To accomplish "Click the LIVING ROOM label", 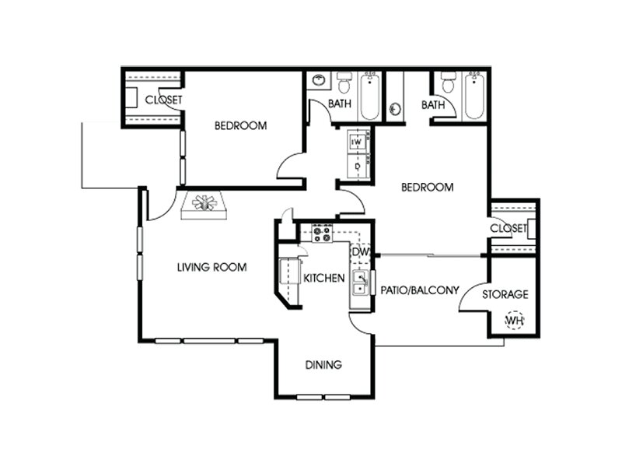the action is click(x=211, y=267).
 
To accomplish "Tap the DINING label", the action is click(x=323, y=364).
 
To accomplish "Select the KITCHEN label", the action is click(x=323, y=278).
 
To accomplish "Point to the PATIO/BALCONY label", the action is click(x=420, y=290).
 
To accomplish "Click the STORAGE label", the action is click(x=505, y=294).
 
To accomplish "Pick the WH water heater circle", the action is click(x=514, y=320).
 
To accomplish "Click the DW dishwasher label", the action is click(x=361, y=252).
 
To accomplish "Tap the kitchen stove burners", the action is click(x=322, y=233).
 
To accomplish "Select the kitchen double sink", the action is click(x=360, y=283).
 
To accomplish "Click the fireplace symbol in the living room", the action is click(x=204, y=205).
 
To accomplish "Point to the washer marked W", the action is click(x=357, y=142).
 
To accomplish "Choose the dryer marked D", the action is click(x=358, y=166).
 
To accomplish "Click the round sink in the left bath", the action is click(x=319, y=80).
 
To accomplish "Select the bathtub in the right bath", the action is click(x=474, y=96).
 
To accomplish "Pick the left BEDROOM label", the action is click(x=240, y=126).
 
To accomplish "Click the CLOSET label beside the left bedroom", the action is click(x=163, y=100).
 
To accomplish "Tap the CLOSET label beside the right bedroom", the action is click(x=508, y=228).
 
